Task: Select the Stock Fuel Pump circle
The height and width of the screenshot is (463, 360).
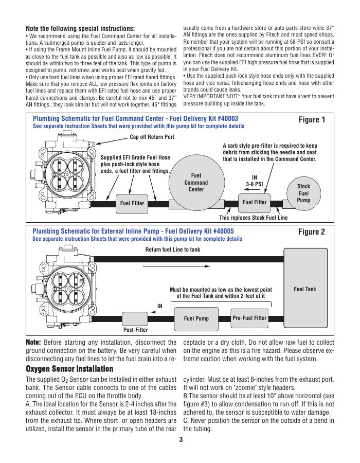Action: click(303, 193)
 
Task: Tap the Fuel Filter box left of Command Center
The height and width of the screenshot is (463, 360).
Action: click(132, 203)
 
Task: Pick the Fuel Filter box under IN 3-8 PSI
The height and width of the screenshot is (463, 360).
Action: click(255, 202)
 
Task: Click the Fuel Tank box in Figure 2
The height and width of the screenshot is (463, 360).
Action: click(304, 289)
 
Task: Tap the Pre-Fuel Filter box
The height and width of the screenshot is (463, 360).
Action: click(249, 318)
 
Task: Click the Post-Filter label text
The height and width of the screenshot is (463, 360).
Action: click(135, 330)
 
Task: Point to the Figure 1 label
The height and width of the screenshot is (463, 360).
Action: click(312, 120)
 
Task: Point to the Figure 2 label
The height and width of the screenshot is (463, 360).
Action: click(312, 232)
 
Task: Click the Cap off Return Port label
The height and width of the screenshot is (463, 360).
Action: click(152, 137)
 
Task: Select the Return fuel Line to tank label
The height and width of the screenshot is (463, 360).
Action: click(173, 250)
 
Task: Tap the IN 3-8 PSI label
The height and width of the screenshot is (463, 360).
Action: click(254, 180)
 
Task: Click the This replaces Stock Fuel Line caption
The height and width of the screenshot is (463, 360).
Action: click(254, 218)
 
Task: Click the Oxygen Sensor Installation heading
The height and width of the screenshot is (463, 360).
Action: click(69, 369)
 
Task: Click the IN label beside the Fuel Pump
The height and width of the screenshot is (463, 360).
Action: click(160, 306)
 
